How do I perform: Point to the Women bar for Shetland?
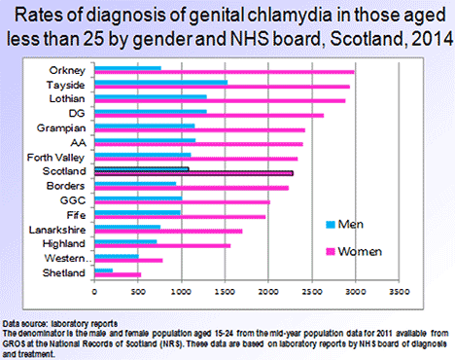tap(118, 274)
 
